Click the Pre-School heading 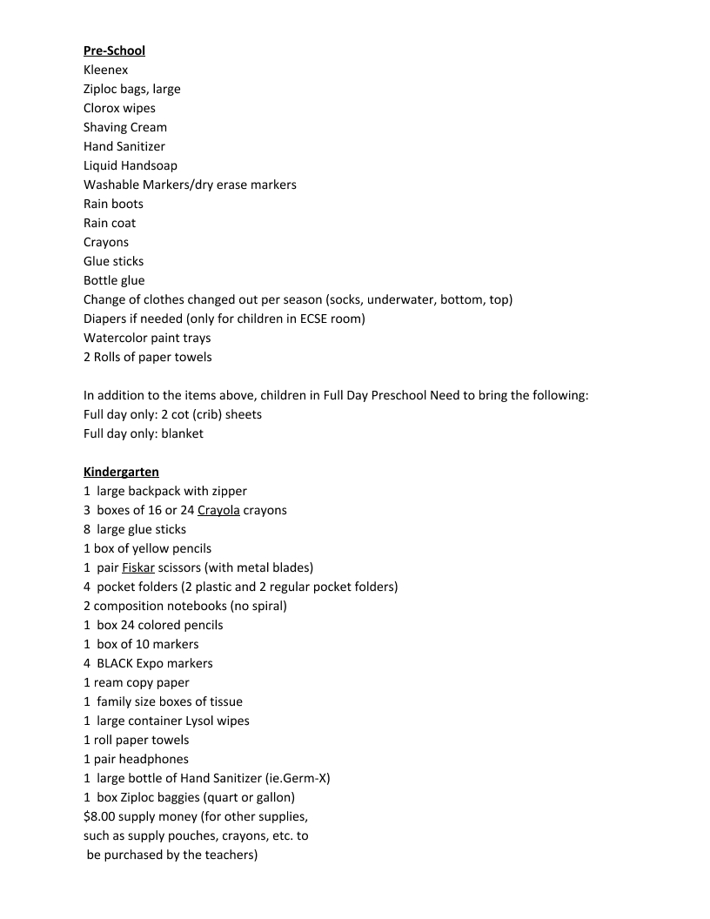(114, 50)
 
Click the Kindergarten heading (121, 472)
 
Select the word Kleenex (105, 70)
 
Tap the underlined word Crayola (218, 510)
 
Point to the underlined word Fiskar (137, 567)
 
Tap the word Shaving (105, 127)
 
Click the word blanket (182, 433)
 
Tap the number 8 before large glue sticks (87, 529)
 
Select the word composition (131, 606)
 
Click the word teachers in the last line (226, 855)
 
